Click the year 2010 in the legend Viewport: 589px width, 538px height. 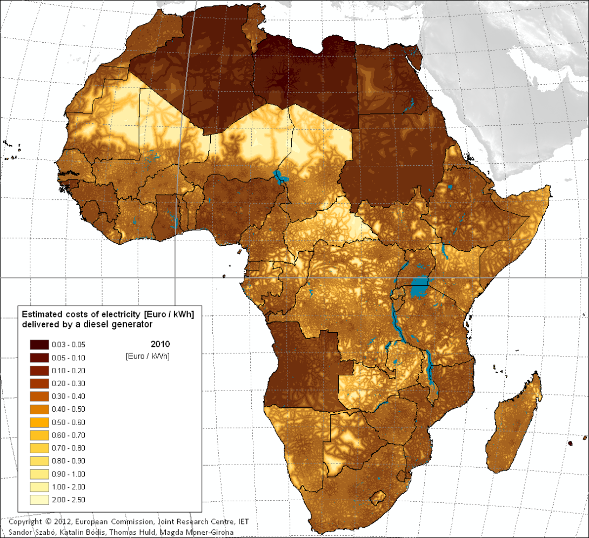pyautogui.click(x=160, y=344)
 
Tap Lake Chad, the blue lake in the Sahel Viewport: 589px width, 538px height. pyautogui.click(x=279, y=176)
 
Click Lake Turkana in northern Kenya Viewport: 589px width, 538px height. pyautogui.click(x=444, y=250)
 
